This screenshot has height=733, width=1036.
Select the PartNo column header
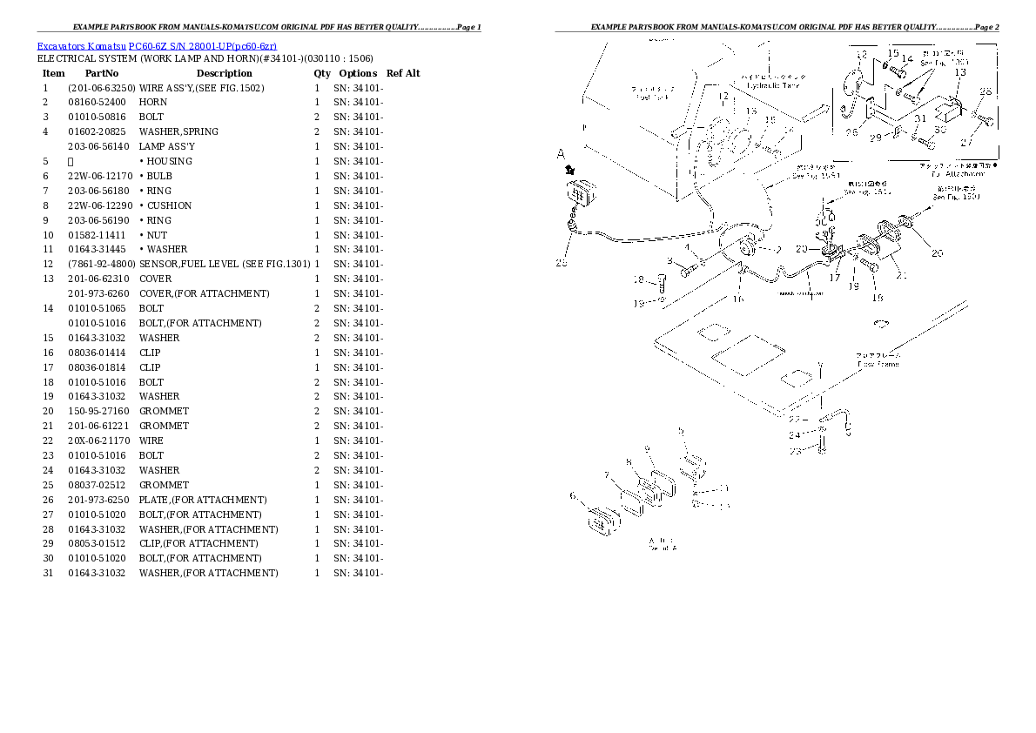tap(102, 73)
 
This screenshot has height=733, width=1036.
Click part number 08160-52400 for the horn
tap(96, 103)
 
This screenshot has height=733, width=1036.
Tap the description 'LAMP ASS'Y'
tap(166, 147)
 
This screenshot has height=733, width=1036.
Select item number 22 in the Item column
tap(48, 441)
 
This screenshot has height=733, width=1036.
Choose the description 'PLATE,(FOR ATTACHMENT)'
tap(203, 501)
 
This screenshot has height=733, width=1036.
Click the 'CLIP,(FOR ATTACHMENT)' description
tap(199, 544)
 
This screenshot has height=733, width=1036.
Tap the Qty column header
tap(322, 73)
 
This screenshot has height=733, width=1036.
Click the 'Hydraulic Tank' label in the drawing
tap(778, 85)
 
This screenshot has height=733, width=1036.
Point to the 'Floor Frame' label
tap(881, 364)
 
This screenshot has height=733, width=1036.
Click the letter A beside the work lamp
tap(562, 154)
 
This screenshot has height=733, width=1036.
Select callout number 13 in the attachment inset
tap(959, 73)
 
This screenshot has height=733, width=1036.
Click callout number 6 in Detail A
tap(573, 495)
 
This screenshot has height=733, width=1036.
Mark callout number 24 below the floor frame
tap(794, 435)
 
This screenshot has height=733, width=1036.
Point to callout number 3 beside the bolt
tap(670, 260)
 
